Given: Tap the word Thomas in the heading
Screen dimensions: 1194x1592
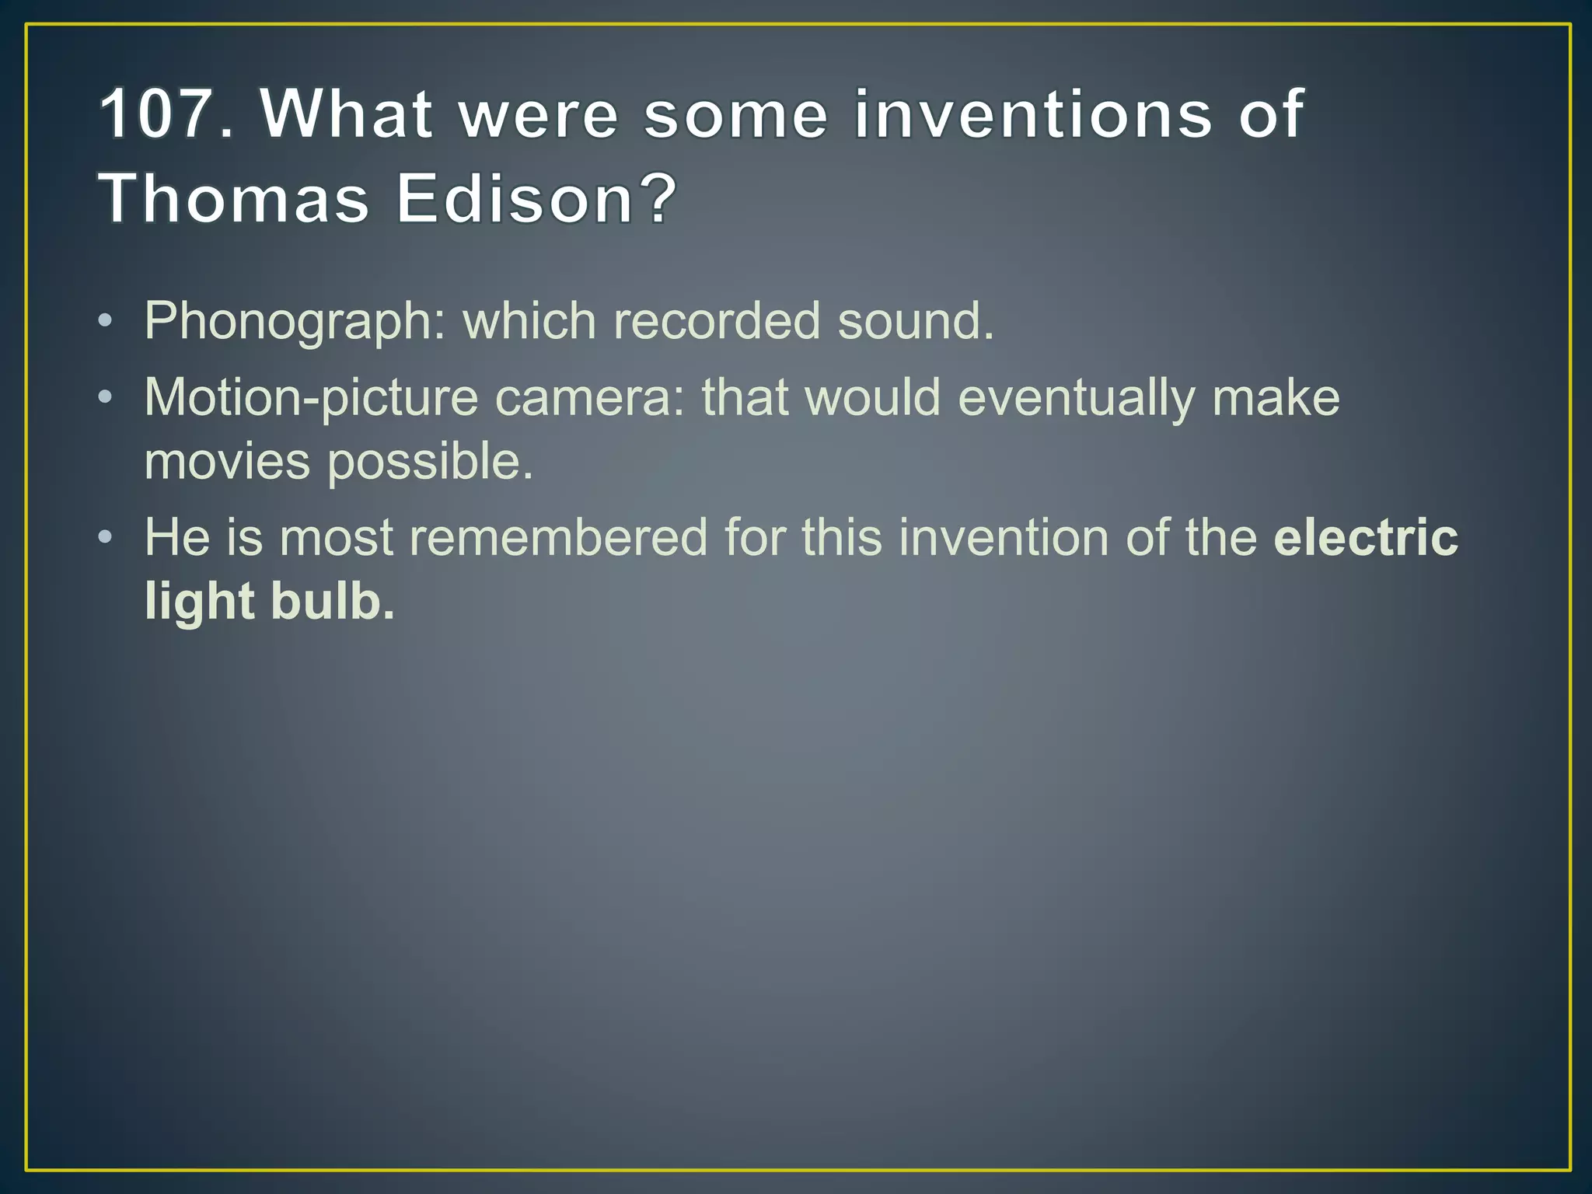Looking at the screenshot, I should coord(233,199).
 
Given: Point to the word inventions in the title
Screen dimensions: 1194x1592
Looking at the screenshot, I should coord(1033,115).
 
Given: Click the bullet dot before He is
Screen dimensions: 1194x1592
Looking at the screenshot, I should coord(106,538).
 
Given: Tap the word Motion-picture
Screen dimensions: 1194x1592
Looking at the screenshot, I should coord(311,399).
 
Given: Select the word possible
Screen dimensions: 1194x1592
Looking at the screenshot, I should coord(429,463).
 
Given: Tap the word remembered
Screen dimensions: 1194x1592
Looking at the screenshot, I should coord(558,538).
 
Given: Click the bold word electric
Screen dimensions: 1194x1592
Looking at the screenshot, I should coord(1366,538).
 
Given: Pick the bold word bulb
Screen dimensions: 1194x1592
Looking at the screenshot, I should coord(332,602).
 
